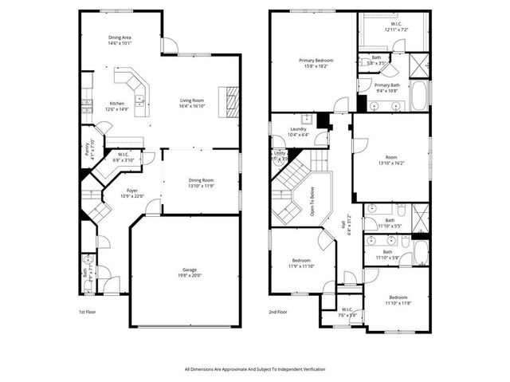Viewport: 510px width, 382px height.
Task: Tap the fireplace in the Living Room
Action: pos(230,101)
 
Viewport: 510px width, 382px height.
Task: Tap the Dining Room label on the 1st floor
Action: pos(201,180)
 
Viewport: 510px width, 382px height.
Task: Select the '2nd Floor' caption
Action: pos(278,312)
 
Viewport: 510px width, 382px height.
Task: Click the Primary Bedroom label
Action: pos(316,60)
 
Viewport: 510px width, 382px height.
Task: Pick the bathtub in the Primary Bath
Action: pos(419,94)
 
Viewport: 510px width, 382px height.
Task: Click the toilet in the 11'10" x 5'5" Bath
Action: pos(403,211)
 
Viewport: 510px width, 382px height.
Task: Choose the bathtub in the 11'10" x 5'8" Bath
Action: pos(419,254)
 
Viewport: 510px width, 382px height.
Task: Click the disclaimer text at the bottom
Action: pos(254,369)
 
